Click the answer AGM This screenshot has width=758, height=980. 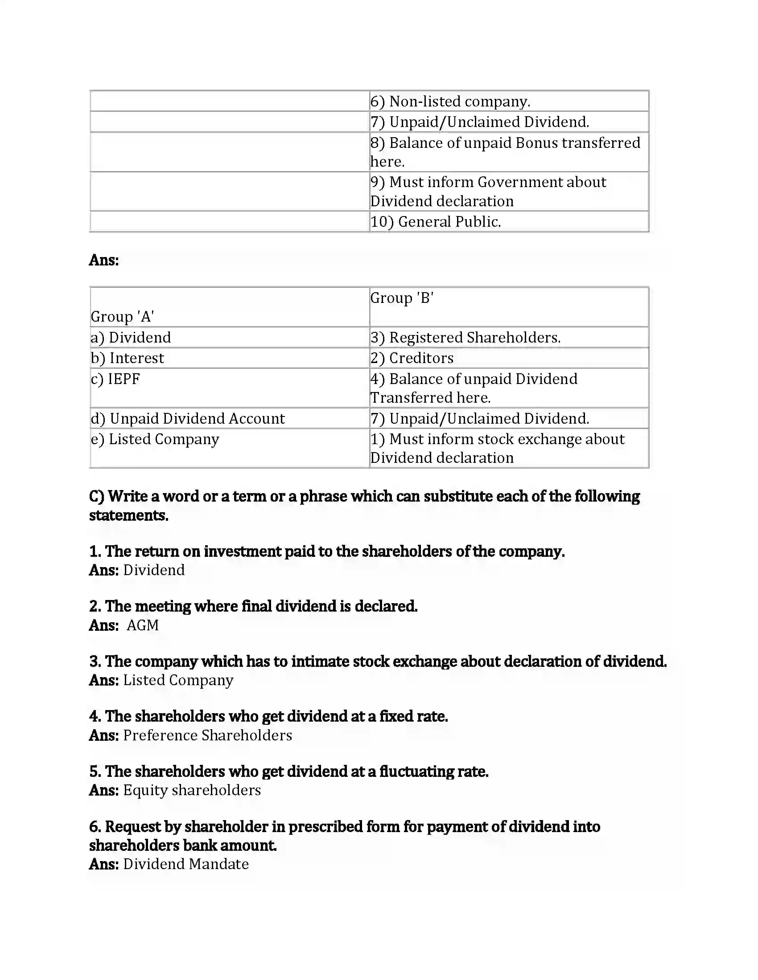click(x=143, y=625)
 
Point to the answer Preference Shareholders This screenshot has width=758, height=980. click(x=207, y=735)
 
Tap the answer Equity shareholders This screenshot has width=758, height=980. click(x=192, y=790)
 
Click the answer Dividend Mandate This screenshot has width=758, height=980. click(x=186, y=864)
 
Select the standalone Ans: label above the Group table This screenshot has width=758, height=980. click(x=104, y=260)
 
